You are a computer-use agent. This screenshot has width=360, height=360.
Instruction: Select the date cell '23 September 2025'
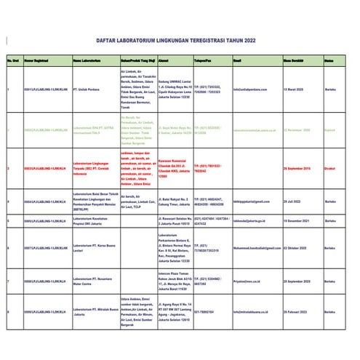299,280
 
